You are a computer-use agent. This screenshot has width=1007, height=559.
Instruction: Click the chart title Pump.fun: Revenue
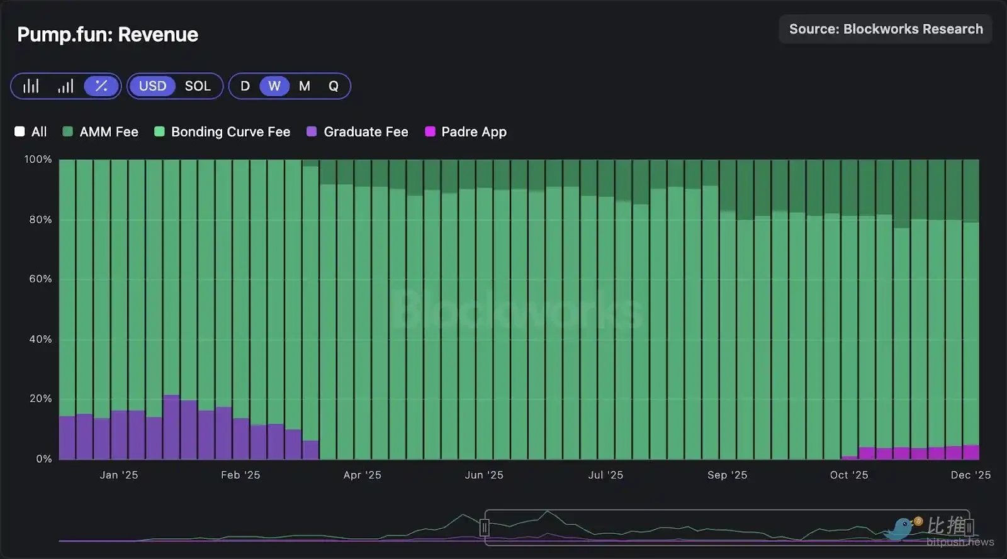coord(108,35)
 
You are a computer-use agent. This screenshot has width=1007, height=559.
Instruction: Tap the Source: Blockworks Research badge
coord(886,29)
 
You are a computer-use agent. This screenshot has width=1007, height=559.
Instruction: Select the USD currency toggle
coord(152,86)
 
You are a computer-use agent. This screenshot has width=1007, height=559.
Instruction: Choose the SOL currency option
coord(198,86)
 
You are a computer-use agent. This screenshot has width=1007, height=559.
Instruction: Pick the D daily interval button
coord(245,86)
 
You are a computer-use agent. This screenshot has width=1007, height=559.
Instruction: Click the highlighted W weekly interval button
coord(274,86)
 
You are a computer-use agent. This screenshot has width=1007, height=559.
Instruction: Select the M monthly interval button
coord(305,86)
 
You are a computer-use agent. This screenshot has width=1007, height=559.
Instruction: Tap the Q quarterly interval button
coord(334,86)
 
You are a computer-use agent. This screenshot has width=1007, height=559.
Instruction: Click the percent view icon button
coord(101,86)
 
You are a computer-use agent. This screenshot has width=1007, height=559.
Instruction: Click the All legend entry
coord(31,132)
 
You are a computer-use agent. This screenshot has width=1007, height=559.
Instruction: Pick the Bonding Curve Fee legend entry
coord(223,132)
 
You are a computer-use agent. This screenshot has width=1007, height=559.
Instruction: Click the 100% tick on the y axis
coord(38,159)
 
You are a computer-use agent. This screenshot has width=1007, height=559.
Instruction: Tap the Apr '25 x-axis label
coord(362,475)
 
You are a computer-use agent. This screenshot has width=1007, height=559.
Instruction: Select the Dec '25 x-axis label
coord(970,475)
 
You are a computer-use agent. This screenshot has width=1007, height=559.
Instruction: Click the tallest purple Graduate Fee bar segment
coord(171,428)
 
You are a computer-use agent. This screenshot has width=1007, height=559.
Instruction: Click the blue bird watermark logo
coord(902,528)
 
